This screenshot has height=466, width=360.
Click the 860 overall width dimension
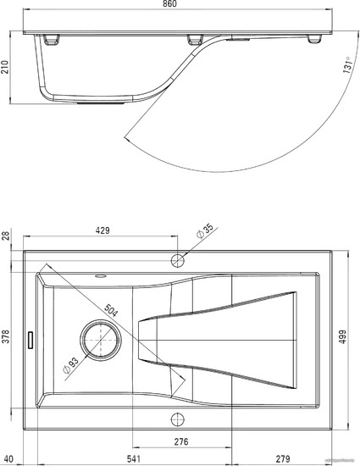tap(169, 3)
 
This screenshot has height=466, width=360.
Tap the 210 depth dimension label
tap(5, 67)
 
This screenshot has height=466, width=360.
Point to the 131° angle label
tap(347, 64)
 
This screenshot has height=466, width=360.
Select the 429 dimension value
tap(102, 230)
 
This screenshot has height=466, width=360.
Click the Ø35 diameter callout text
tap(205, 230)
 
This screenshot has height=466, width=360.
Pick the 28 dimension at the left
tap(6, 236)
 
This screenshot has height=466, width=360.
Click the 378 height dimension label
tap(6, 336)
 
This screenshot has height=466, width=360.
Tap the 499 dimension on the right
tap(342, 336)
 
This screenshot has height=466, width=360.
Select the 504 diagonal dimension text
tap(111, 310)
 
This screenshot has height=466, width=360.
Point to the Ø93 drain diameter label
tap(70, 364)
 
